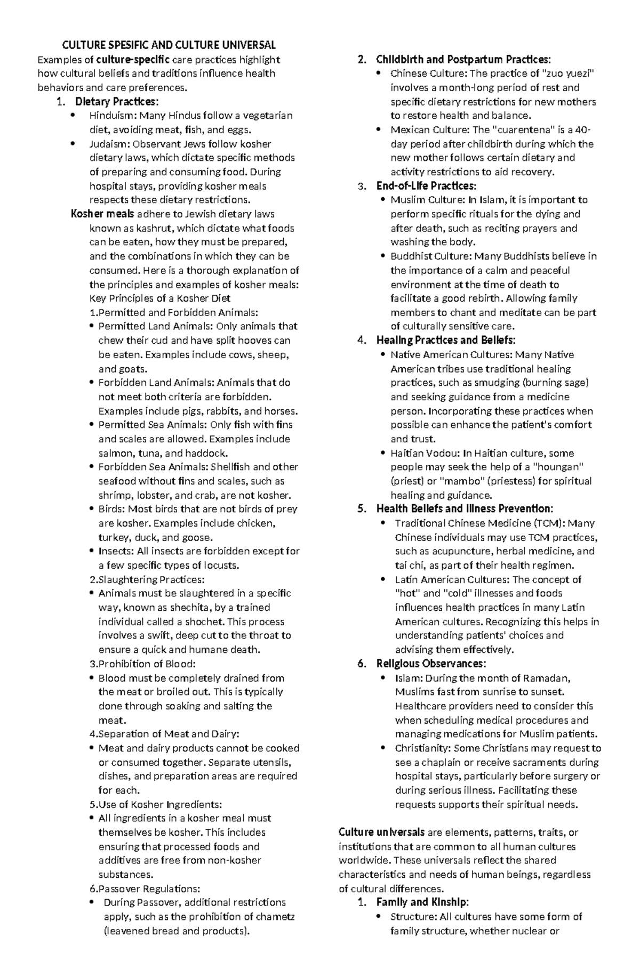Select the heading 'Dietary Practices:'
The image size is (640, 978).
[117, 101]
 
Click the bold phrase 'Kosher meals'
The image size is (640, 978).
[102, 214]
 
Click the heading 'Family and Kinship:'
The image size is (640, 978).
[422, 902]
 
